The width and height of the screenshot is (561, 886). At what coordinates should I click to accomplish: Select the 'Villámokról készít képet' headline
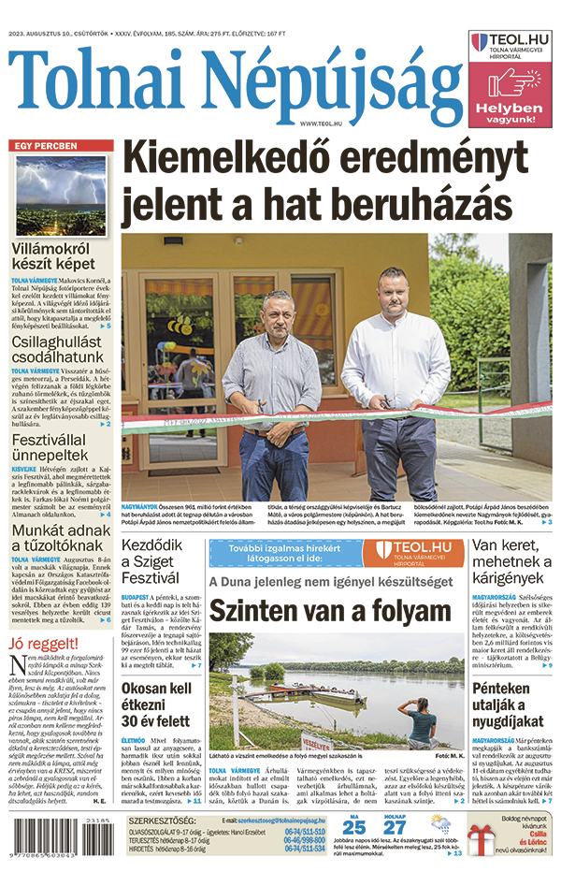click(50, 257)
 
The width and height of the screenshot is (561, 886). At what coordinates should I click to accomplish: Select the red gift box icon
click(482, 849)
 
